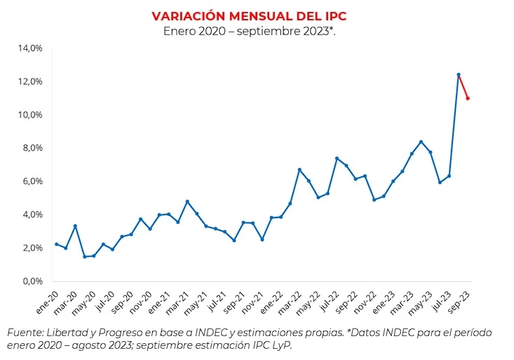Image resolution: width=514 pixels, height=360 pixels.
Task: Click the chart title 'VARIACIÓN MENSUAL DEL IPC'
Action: coord(249,15)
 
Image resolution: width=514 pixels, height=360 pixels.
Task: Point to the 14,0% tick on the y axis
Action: coord(30,48)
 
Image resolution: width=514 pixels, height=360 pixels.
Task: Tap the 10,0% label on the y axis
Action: coord(30,115)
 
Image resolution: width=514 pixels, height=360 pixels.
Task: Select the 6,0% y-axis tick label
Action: coord(32,182)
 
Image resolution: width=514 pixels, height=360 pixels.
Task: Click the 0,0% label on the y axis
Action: coord(32,281)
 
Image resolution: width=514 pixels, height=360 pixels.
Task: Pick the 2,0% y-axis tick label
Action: coord(32,248)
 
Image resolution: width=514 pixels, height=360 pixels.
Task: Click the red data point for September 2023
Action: coord(468,98)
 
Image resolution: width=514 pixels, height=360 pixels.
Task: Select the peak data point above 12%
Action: coord(459,74)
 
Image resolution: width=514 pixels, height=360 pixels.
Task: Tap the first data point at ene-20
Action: coord(56,244)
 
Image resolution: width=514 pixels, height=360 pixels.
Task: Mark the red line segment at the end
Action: coord(463,86)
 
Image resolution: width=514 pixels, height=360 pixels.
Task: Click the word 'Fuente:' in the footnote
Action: coord(25,333)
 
